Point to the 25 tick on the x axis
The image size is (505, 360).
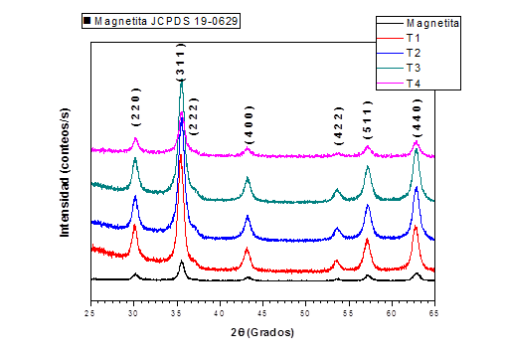(x=90, y=313)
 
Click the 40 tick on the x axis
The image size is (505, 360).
(x=220, y=313)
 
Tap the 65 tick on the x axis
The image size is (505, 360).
(x=434, y=313)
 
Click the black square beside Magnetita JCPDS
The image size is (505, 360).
(x=87, y=20)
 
